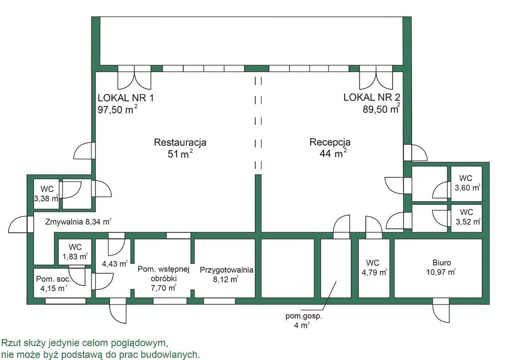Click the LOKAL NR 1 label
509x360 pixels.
click(x=126, y=98)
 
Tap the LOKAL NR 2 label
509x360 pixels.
click(x=372, y=97)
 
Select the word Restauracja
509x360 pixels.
click(x=180, y=142)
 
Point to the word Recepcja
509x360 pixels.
click(x=330, y=142)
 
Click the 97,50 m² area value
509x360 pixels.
click(x=117, y=109)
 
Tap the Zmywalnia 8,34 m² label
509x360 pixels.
click(x=78, y=222)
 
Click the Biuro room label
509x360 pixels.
click(x=441, y=263)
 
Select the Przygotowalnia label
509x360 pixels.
click(x=227, y=270)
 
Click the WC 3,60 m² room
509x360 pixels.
click(x=466, y=183)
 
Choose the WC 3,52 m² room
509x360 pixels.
click(x=466, y=217)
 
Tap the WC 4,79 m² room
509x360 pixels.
click(x=374, y=268)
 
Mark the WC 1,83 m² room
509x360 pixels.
click(x=75, y=252)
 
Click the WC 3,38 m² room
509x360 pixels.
click(x=46, y=194)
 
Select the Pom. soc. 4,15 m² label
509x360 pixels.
click(x=53, y=283)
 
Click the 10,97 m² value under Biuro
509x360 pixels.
click(x=441, y=272)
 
